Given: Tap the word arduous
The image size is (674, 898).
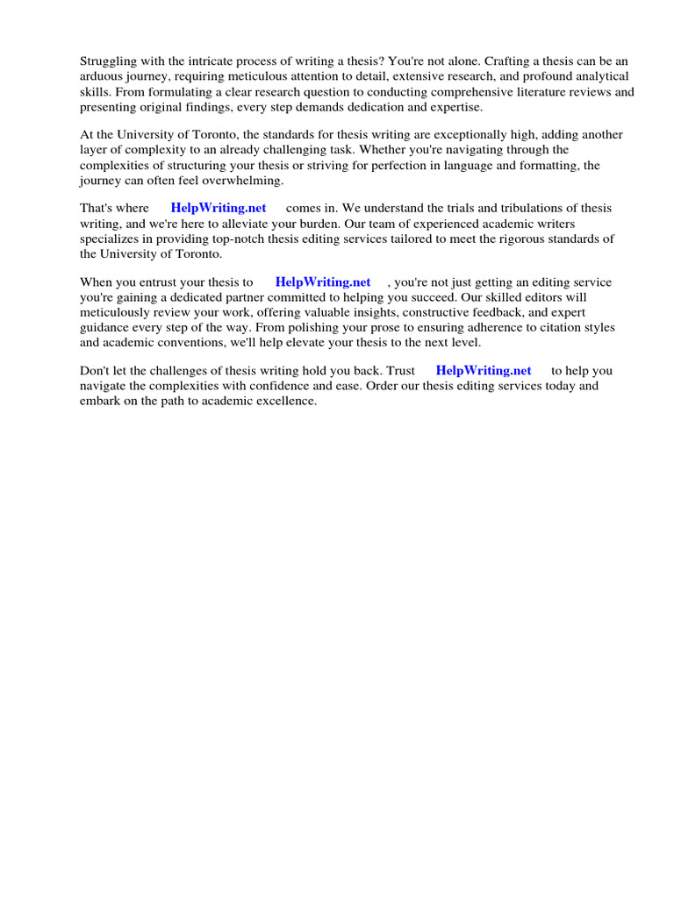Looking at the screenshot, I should [103, 77].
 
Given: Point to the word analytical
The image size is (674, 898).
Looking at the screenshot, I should [601, 77].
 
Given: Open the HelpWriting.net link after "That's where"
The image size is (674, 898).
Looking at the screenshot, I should [219, 209].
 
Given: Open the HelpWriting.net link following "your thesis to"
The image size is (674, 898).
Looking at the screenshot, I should [323, 282].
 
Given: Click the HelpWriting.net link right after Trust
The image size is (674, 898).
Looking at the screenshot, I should [484, 371].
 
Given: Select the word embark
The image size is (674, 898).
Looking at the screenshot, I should [99, 401].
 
